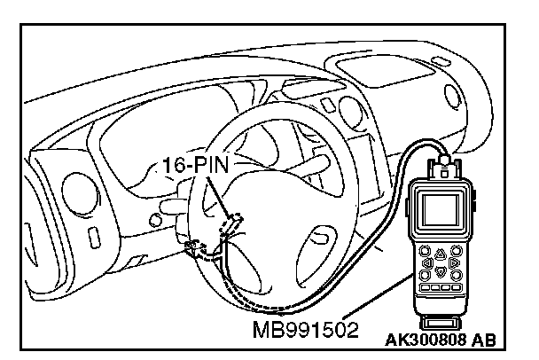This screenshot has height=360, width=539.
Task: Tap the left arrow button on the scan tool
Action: coord(427,262)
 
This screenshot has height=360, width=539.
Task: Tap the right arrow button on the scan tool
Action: coord(454,262)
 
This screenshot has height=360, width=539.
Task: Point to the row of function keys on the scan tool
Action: coord(440,288)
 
